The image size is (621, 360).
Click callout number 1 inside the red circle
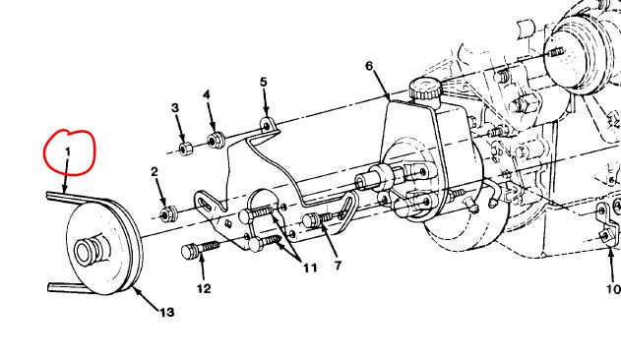[68, 151]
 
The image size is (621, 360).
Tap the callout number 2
[155, 171]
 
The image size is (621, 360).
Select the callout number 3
[175, 108]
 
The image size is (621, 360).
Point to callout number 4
[207, 95]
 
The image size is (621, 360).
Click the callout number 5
[264, 82]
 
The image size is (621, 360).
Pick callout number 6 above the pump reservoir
[369, 66]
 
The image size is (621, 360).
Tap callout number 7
[338, 266]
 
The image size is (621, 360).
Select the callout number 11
[311, 269]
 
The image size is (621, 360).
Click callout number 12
[204, 289]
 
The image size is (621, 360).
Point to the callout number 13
[167, 313]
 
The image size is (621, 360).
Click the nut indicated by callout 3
[185, 149]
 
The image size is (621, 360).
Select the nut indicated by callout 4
[216, 140]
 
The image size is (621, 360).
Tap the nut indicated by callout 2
[167, 214]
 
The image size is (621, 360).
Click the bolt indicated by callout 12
[200, 249]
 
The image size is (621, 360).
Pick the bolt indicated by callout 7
[318, 219]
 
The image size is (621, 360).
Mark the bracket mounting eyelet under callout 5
[267, 126]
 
